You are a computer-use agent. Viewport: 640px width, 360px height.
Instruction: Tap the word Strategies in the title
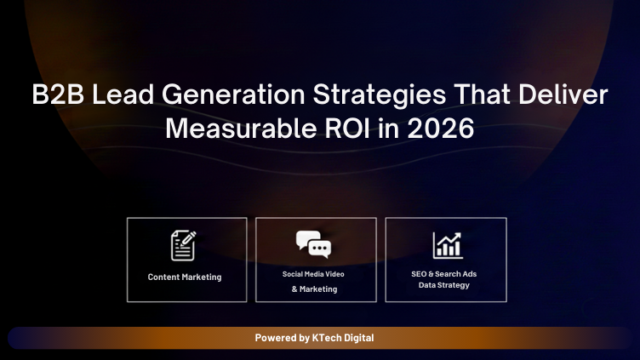click(375, 95)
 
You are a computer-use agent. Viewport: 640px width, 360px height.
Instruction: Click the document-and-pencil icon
click(184, 245)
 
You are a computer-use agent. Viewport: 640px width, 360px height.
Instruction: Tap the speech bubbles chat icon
click(314, 245)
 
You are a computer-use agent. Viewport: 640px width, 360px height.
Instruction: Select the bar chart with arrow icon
click(447, 245)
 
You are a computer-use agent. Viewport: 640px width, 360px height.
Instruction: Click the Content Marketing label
click(185, 277)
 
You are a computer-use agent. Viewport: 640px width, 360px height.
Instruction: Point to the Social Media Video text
click(313, 274)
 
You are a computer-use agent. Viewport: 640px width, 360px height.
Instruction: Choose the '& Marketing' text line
click(315, 289)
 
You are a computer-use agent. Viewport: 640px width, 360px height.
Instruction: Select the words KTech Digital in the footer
click(343, 338)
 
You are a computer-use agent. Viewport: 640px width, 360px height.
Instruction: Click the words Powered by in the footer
click(282, 338)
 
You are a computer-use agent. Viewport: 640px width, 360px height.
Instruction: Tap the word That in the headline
click(478, 95)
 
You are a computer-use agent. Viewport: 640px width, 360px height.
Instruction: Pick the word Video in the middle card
click(334, 274)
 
